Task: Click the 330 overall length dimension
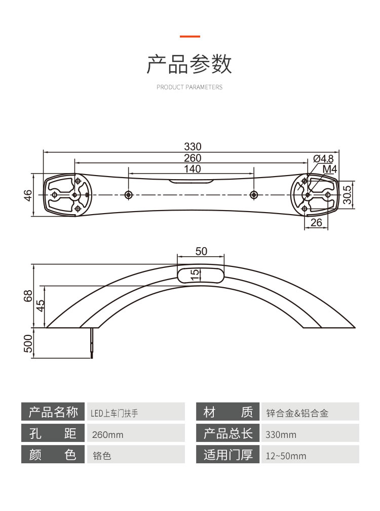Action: [193, 147]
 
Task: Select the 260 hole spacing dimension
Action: [193, 158]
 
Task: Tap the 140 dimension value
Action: [193, 169]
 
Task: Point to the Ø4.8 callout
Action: [323, 158]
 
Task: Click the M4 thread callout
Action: [330, 169]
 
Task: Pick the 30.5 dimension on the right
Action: [347, 194]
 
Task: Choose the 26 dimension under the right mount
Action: [316, 222]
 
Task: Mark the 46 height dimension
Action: [28, 195]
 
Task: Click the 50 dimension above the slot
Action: [201, 251]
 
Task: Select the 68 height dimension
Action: [28, 296]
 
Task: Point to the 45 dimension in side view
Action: [41, 306]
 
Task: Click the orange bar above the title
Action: [190, 37]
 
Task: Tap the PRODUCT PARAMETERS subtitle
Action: [189, 87]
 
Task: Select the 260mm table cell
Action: [108, 435]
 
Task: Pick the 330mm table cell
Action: [281, 435]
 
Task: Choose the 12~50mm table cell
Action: [286, 456]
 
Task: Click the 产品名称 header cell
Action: [53, 412]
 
